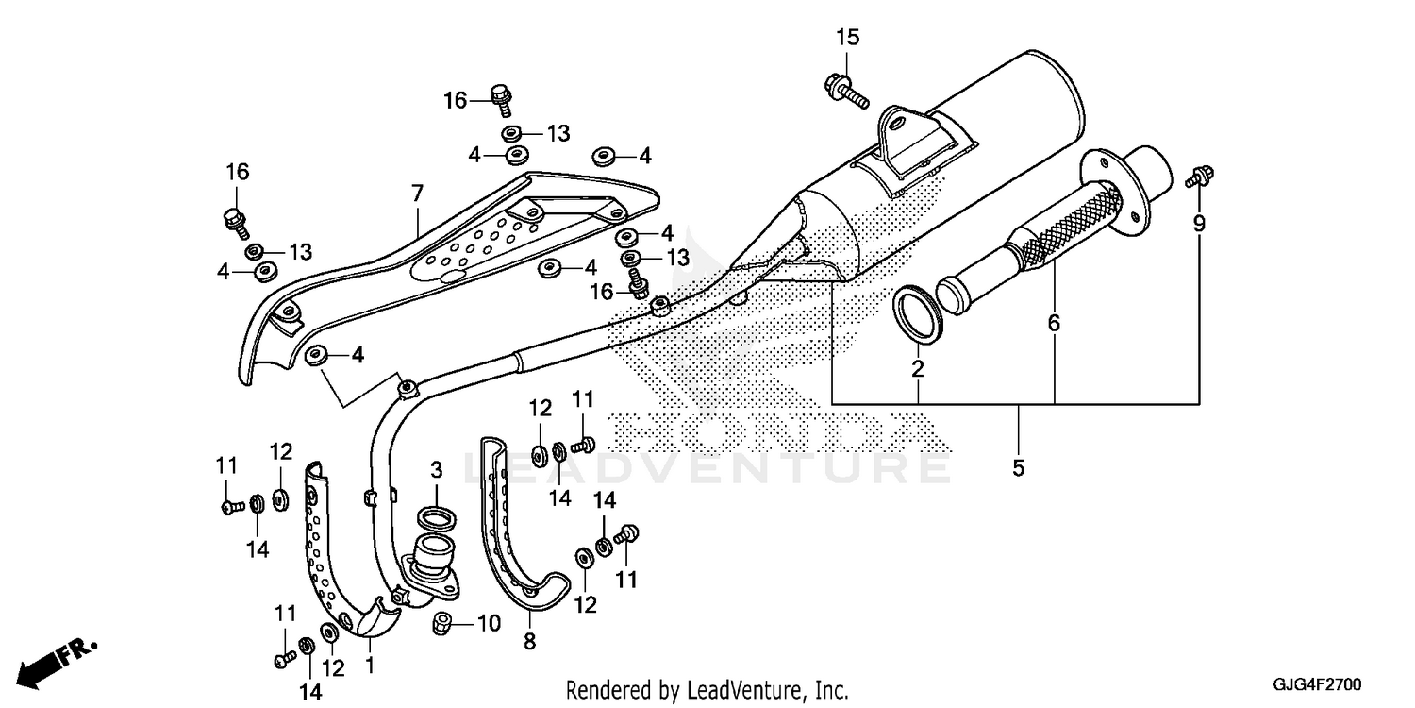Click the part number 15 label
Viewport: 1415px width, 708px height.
[847, 38]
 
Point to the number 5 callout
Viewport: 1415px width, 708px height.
[1018, 467]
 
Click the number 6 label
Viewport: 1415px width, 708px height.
[1054, 324]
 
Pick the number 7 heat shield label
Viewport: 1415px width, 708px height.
[417, 194]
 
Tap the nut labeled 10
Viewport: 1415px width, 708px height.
[441, 623]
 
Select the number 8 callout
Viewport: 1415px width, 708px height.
[528, 643]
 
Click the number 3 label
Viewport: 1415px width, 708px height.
[437, 470]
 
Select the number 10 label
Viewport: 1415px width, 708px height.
[489, 623]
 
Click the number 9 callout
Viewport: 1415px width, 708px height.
[1199, 224]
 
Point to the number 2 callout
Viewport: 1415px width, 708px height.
[917, 368]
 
